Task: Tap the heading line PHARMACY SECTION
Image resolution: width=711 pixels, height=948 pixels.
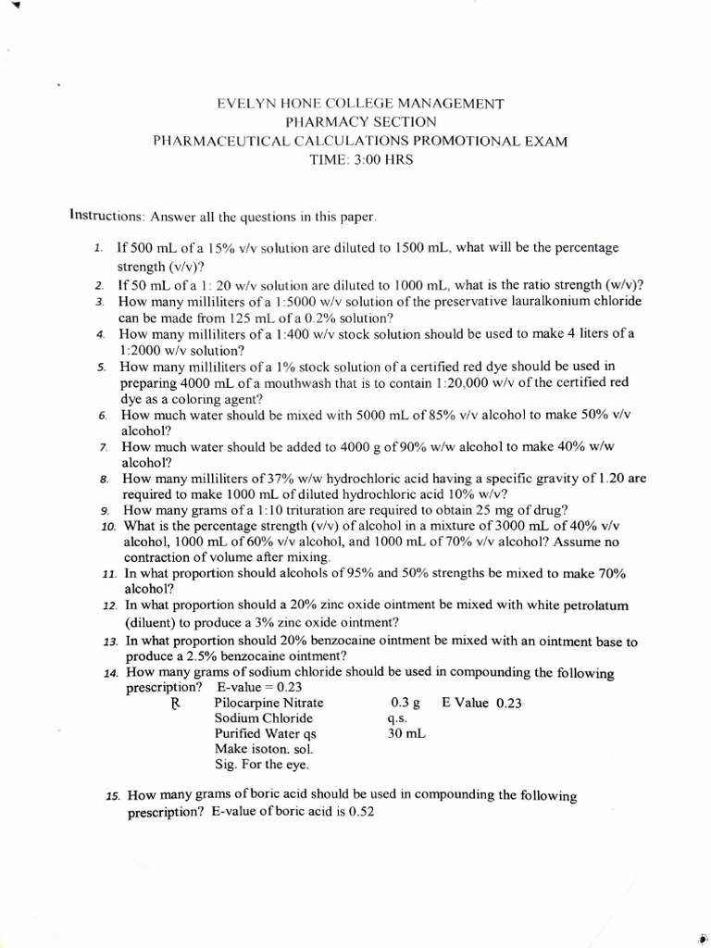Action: (360, 122)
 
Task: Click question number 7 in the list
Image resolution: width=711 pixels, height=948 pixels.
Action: (105, 447)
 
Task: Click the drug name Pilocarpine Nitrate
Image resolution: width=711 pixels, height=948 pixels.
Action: (269, 703)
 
